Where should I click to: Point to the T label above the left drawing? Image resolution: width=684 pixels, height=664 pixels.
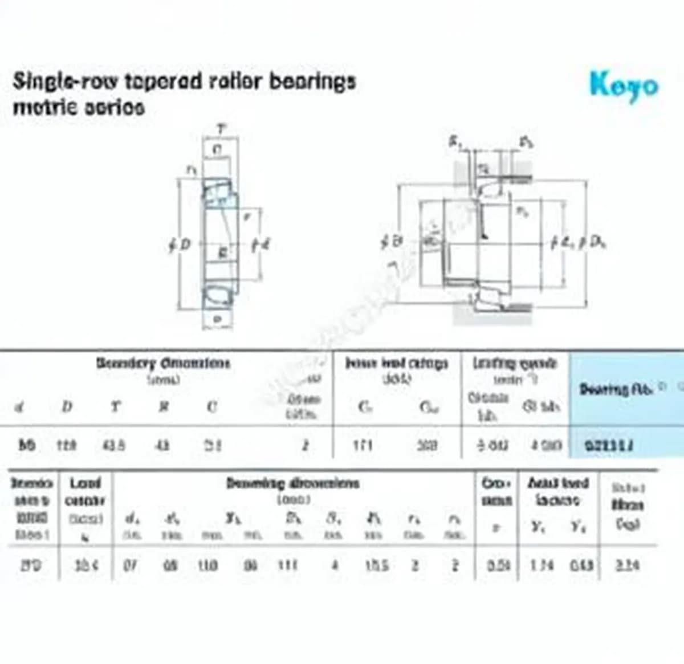click(x=221, y=130)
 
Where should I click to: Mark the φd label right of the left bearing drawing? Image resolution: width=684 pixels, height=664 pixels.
click(x=260, y=245)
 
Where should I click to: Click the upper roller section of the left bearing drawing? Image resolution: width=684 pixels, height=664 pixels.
click(x=218, y=191)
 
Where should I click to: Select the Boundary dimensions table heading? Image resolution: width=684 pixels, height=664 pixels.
click(x=163, y=363)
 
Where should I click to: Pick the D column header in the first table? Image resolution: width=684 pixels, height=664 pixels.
click(x=67, y=406)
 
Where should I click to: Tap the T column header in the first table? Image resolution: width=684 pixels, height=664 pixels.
click(x=116, y=406)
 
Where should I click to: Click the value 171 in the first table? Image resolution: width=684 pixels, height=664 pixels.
click(x=363, y=445)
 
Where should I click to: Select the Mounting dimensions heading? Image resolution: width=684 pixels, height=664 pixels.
click(x=293, y=484)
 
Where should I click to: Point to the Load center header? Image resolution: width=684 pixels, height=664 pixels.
click(x=85, y=491)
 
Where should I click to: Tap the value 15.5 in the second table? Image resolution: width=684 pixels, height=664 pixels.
click(x=377, y=565)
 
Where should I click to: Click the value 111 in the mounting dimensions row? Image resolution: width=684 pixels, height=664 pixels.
click(x=288, y=565)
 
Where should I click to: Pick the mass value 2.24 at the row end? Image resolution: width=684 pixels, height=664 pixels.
click(x=628, y=565)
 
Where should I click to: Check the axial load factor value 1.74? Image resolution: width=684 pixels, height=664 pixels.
click(x=541, y=565)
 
